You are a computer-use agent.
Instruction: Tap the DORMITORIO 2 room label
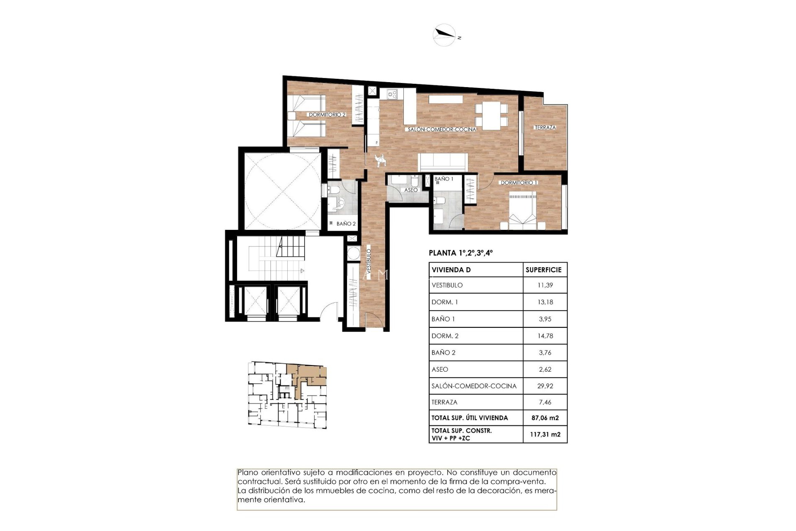[327, 114]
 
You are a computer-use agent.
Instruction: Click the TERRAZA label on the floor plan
[545, 127]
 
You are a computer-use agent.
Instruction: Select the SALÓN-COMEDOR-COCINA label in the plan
[442, 129]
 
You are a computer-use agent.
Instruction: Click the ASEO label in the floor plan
[411, 190]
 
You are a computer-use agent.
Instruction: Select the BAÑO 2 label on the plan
[346, 224]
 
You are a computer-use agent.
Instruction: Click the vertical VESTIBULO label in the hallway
[369, 261]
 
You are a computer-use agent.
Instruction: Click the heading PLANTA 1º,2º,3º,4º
[461, 253]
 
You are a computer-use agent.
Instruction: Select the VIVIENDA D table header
[451, 270]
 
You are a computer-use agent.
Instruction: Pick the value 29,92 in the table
[545, 386]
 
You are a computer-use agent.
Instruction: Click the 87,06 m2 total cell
[545, 418]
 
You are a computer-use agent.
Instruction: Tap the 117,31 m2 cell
[545, 434]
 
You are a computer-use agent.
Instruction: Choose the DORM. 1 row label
[444, 302]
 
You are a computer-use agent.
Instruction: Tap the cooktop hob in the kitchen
[392, 95]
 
